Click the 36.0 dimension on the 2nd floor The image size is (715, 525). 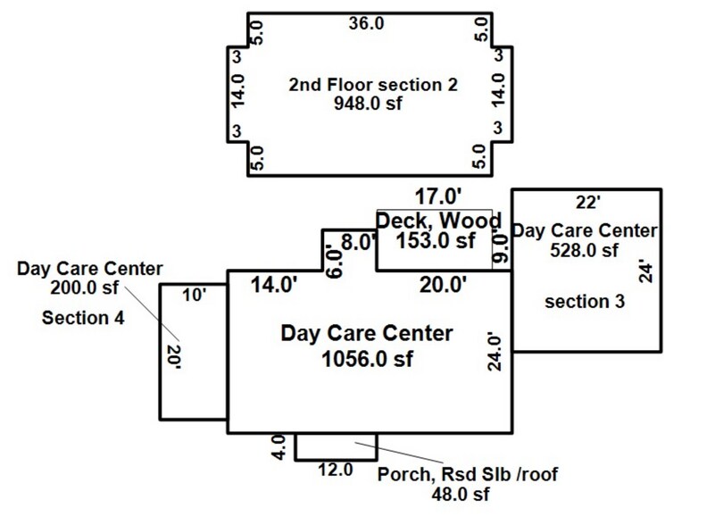[x=366, y=23]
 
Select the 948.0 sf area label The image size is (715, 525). [x=368, y=103]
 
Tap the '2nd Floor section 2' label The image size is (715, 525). [x=373, y=85]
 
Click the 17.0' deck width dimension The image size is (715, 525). [x=438, y=197]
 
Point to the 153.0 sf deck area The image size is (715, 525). [x=436, y=240]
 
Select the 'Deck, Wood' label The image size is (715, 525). [x=438, y=221]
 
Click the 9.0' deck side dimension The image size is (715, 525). [x=501, y=247]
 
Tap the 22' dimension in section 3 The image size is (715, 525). [x=587, y=202]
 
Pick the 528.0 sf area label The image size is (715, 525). [x=584, y=250]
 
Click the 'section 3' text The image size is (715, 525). [x=585, y=302]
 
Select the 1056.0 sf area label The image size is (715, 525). [x=367, y=359]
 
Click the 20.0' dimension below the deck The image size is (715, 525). [x=444, y=285]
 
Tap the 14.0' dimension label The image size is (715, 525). [x=274, y=285]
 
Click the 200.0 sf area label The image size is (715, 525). [x=84, y=287]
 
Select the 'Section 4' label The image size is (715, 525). [x=83, y=318]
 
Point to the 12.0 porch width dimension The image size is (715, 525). [x=336, y=470]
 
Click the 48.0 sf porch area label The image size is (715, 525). [x=461, y=494]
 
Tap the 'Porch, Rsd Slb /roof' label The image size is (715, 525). [x=468, y=474]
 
